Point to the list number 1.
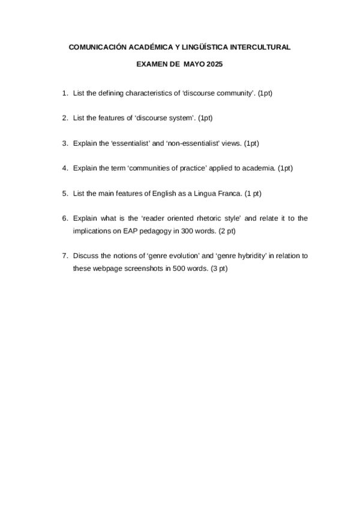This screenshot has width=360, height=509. point(64,94)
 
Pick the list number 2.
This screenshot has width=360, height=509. point(64,119)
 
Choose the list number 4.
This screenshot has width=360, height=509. point(64,168)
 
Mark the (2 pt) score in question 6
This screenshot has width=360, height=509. point(227,230)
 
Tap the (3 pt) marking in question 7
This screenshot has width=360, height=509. point(220,268)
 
